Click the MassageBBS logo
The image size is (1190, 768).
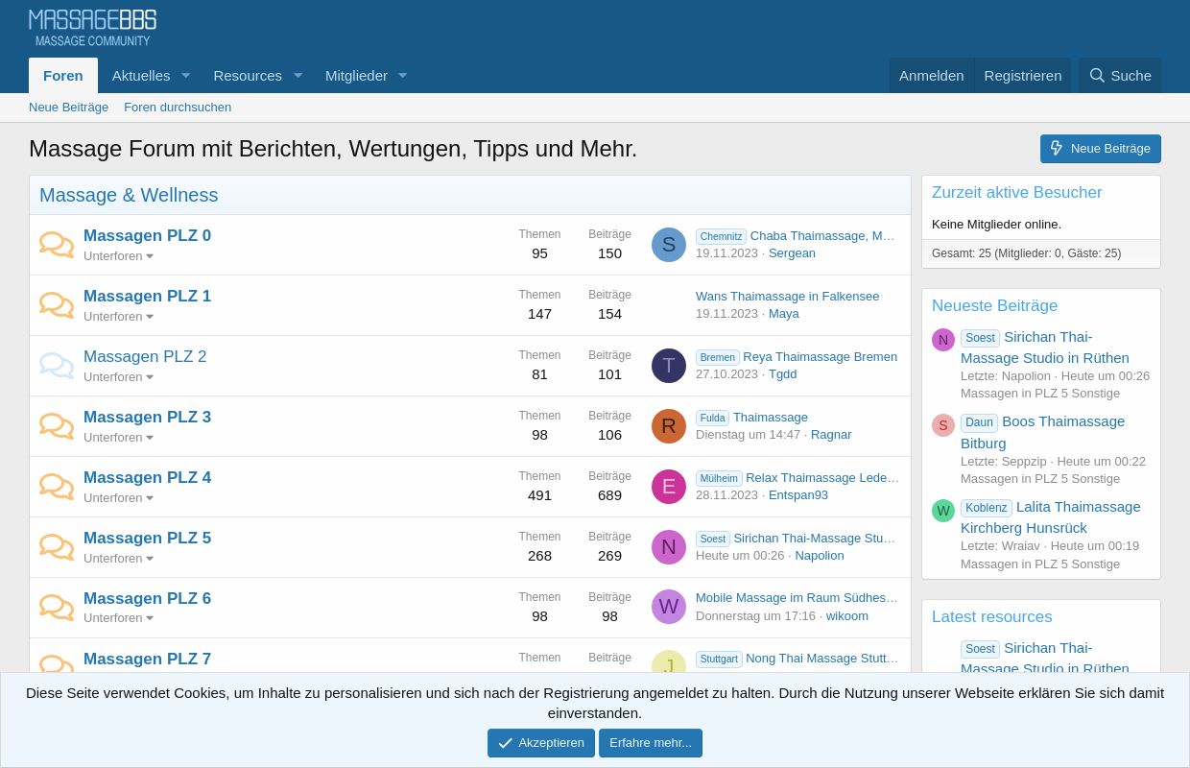coord(92,28)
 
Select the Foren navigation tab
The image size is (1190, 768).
coord(63,76)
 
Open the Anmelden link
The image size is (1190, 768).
coord(931,76)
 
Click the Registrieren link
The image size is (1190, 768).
coord(1022,76)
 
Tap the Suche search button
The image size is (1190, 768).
coord(1120,76)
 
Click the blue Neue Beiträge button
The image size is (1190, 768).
coord(1100,149)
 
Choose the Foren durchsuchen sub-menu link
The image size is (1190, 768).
coord(178,108)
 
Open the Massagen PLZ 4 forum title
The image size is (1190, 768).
coord(147,477)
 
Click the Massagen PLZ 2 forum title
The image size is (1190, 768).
coord(145,356)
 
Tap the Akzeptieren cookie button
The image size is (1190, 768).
coord(540,743)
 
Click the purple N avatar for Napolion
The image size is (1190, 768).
coord(669,547)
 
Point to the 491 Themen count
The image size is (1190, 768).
coord(539,495)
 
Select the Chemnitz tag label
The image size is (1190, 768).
coord(721,236)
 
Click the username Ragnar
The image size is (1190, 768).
coord(831,435)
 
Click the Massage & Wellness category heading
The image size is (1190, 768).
coord(129,195)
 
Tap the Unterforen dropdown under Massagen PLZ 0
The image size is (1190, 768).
coord(118,256)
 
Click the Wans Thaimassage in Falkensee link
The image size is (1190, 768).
coord(787,297)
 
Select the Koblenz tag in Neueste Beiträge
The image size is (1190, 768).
coord(986,508)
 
